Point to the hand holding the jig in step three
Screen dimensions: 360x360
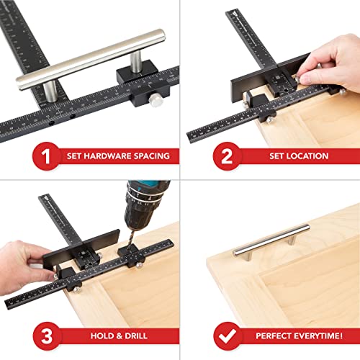point(25,256)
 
